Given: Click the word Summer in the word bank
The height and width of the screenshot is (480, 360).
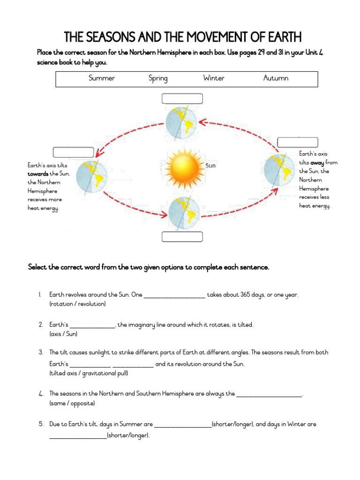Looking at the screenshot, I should point(102,78).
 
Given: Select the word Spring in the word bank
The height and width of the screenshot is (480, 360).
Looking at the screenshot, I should point(158,78).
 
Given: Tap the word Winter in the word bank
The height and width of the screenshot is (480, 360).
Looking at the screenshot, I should point(214,78).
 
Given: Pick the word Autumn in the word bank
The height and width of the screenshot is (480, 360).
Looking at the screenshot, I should point(276,78).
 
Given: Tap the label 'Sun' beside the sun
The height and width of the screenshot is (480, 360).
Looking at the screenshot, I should point(210,165).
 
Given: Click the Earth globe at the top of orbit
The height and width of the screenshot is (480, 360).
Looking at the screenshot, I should point(182,121).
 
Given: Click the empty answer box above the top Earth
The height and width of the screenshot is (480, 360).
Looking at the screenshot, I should point(182,98).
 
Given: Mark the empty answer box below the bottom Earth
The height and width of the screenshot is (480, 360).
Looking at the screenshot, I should point(182,237).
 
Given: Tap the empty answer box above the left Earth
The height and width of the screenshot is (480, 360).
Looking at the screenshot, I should point(73,152).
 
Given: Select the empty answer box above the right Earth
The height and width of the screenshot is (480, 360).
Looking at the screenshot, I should point(298,142).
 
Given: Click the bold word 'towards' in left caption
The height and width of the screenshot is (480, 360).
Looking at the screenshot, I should point(38,174).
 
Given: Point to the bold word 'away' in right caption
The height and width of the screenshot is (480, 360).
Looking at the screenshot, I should point(317,163).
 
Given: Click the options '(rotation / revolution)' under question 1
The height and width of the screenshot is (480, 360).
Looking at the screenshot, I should point(77,304).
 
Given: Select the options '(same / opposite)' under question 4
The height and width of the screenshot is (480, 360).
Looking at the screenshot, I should point(72,403).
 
